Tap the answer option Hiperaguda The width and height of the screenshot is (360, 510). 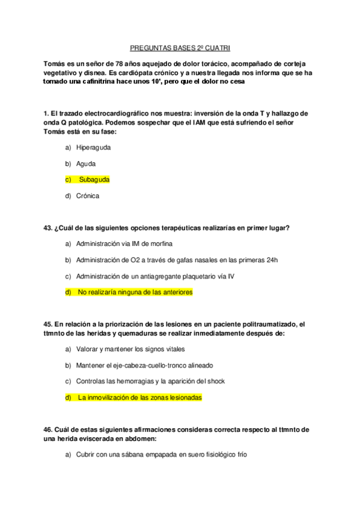[93, 147]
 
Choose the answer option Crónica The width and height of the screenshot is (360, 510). [87, 195]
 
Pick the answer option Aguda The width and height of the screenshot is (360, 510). [85, 163]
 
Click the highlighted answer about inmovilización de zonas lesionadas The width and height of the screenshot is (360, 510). [139, 398]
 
